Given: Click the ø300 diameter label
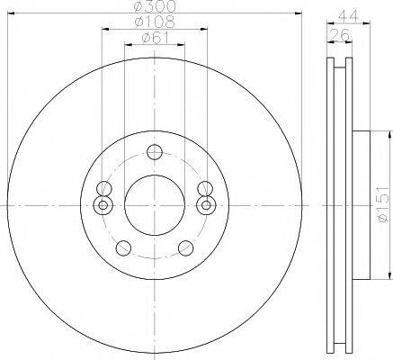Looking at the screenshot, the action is [155, 6].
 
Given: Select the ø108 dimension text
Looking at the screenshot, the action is [155, 22].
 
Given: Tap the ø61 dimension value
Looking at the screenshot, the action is [156, 38].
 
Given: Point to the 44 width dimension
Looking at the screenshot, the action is [349, 16].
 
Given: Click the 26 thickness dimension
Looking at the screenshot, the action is [339, 35].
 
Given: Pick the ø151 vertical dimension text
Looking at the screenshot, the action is [384, 204].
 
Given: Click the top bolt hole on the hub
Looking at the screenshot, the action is [155, 152].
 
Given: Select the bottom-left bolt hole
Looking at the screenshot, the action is [123, 247].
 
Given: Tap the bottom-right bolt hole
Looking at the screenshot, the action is [185, 247].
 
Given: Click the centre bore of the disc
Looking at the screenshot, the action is [155, 205].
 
